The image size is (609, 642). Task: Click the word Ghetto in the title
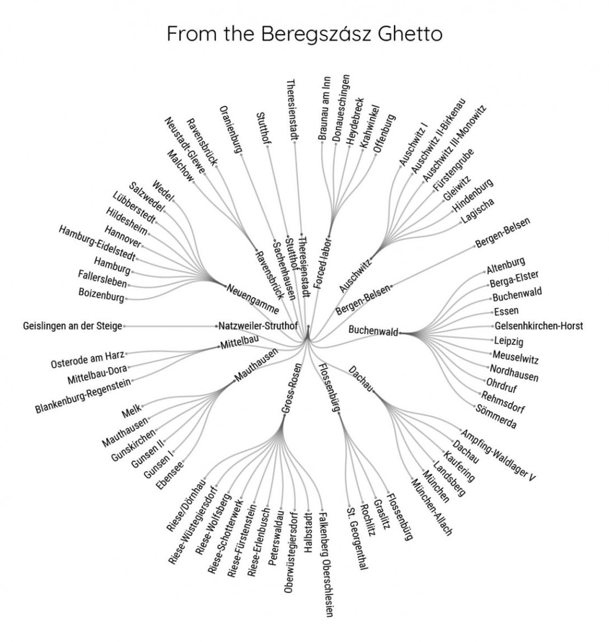410,34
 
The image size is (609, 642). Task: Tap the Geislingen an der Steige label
73,327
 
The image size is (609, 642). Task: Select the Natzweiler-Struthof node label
258,327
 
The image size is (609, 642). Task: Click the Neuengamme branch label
253,299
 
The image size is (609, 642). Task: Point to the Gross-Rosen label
291,388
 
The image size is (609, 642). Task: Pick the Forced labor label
323,264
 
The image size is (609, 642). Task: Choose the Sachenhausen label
284,270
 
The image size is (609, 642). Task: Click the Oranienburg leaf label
230,129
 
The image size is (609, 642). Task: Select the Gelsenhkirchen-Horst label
538,326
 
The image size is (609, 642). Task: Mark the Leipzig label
508,341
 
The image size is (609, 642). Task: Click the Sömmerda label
496,416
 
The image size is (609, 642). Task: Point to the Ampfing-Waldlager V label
498,455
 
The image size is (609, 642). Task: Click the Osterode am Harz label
88,360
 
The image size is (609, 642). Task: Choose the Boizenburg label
101,295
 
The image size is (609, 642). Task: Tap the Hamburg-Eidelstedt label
97,243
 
